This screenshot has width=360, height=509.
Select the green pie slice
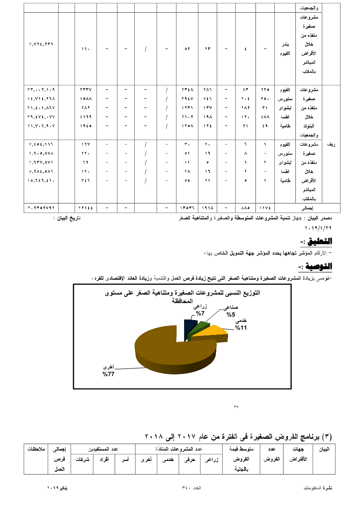click(200, 330)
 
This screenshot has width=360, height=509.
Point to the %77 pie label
click(108, 374)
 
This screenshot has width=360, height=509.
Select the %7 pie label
click(200, 313)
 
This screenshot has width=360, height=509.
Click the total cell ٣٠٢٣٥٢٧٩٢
click(41, 208)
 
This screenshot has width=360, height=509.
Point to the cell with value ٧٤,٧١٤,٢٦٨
click(41, 98)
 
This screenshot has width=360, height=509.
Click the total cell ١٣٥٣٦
click(187, 208)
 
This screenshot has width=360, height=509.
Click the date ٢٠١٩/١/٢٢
click(318, 227)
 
